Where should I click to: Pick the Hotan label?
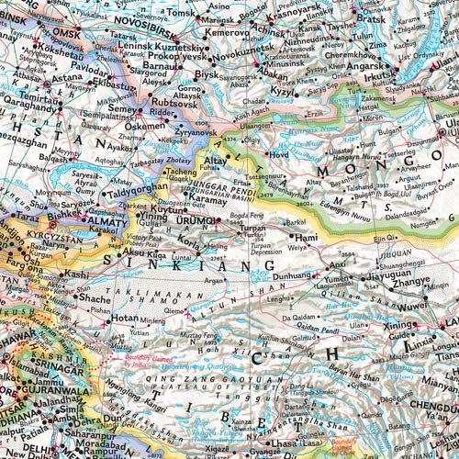126,319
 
